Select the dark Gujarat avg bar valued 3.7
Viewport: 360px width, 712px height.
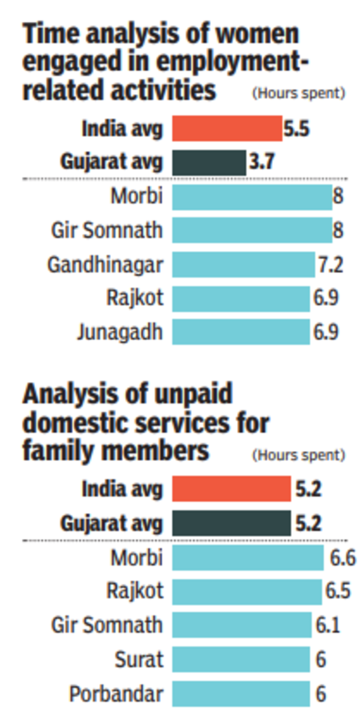tap(209, 162)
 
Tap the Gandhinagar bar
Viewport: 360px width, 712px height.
tap(243, 265)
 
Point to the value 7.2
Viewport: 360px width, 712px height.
tap(331, 265)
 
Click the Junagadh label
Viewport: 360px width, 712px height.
tap(119, 332)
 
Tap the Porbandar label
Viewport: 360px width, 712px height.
tap(116, 695)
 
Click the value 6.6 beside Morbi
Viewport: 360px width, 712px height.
tap(343, 558)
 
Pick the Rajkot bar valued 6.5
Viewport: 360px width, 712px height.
tap(247, 592)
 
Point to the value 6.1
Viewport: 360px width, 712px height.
tap(328, 626)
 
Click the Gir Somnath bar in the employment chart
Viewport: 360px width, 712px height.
tap(252, 231)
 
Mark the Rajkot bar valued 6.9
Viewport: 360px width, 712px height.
tap(241, 298)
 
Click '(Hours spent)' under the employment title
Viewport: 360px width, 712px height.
tap(298, 93)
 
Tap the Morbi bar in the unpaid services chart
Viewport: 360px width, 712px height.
tap(248, 558)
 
